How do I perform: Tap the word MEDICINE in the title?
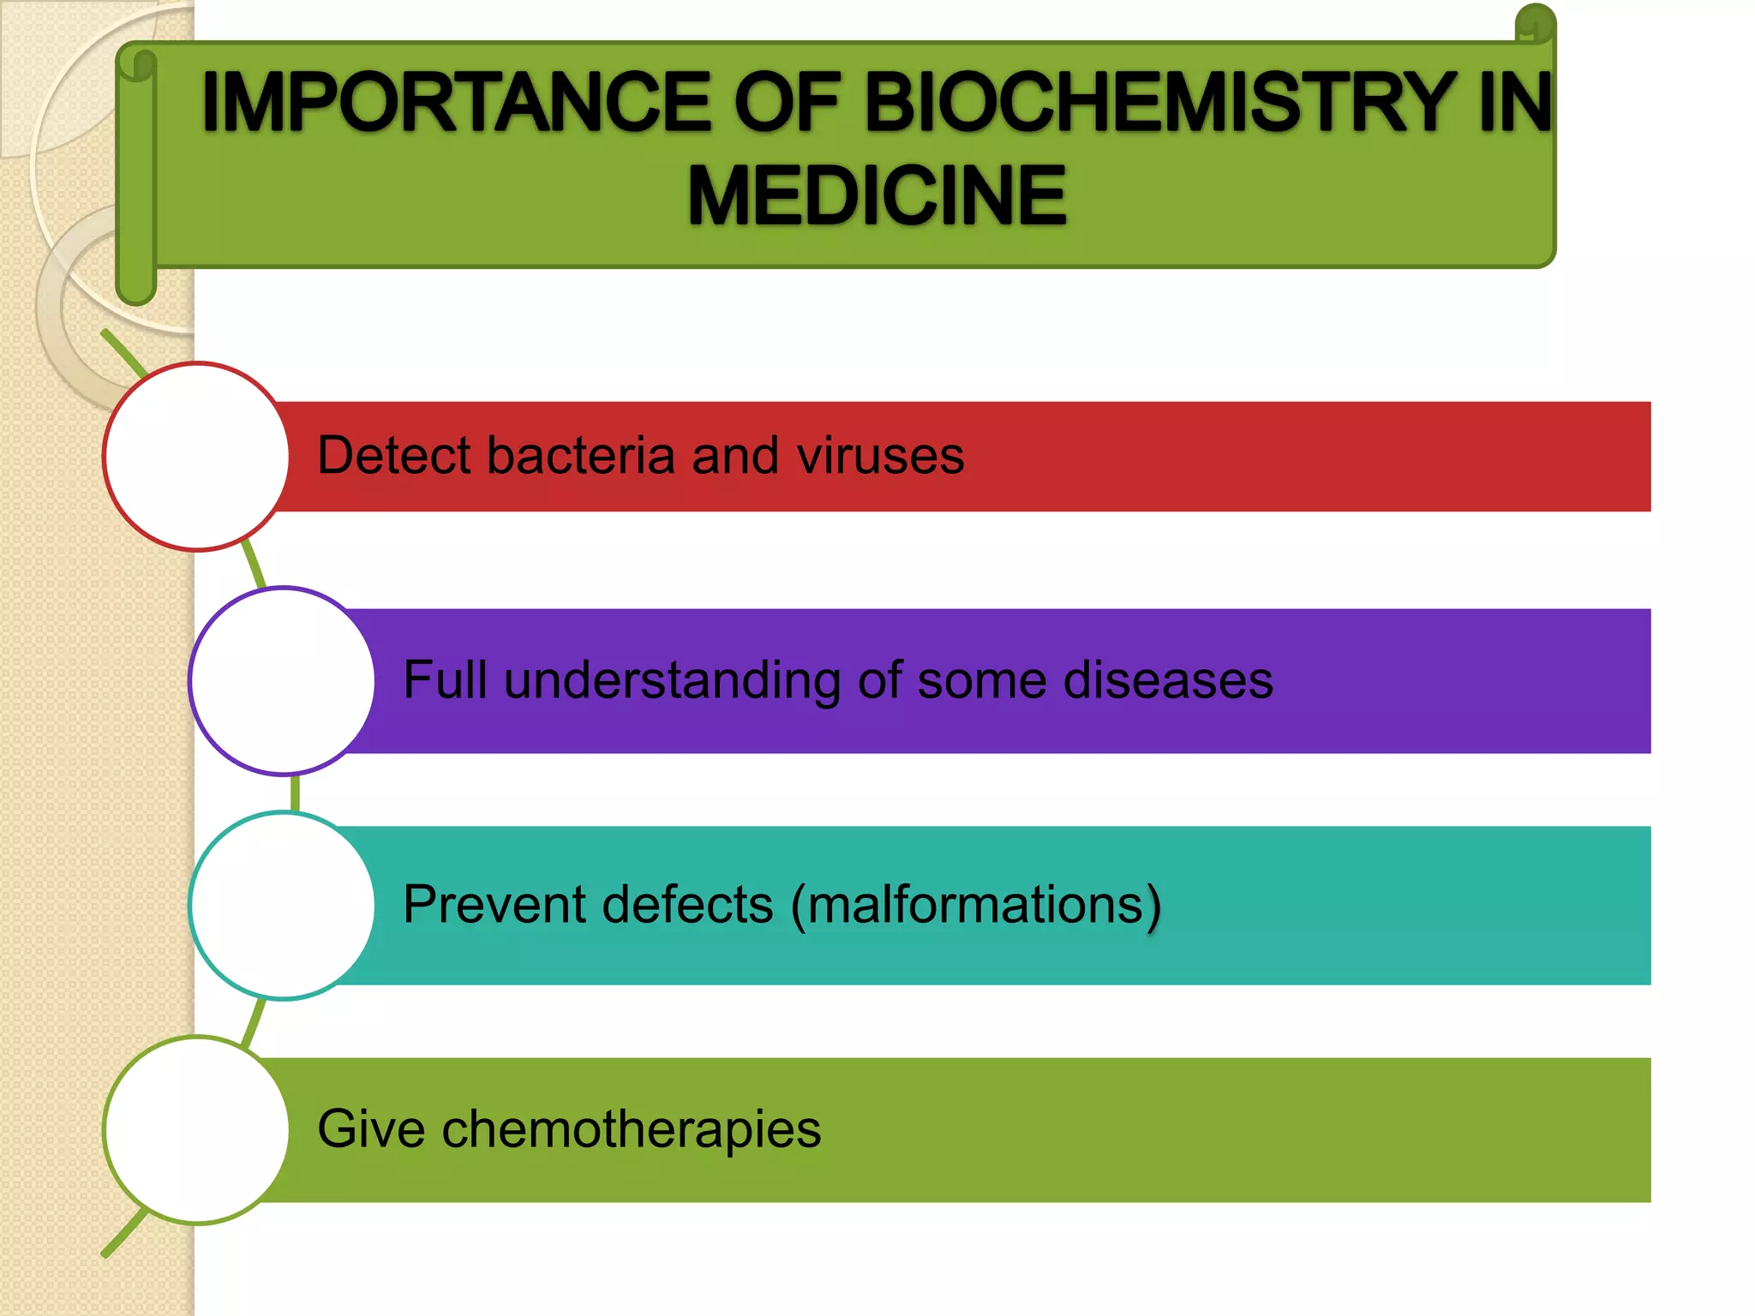pos(877,196)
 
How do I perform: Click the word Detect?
pos(393,455)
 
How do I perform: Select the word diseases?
pos(1167,680)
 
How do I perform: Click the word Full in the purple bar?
pos(445,680)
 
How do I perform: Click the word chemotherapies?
pos(631,1129)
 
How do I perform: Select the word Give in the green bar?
pos(371,1129)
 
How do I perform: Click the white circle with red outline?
pos(196,456)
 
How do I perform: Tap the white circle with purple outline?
pos(283,681)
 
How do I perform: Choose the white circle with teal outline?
pos(283,906)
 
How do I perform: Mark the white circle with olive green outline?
pos(196,1130)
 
